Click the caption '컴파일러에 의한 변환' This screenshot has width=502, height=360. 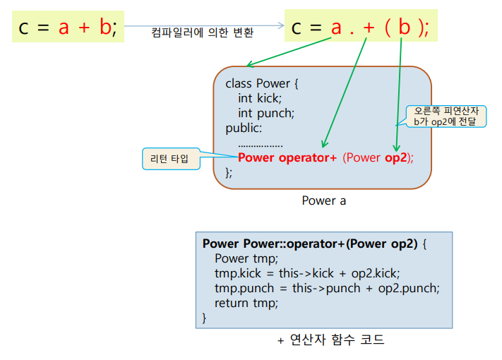[x=203, y=32]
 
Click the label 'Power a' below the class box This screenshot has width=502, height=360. [x=324, y=200]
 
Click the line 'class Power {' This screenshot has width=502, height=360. [x=262, y=83]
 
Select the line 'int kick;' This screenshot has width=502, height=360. [x=259, y=98]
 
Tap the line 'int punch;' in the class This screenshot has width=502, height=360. [x=265, y=113]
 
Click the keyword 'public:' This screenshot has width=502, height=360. [x=244, y=128]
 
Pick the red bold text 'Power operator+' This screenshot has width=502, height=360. [x=287, y=157]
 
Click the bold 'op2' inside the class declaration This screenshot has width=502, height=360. [x=396, y=157]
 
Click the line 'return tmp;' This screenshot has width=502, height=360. [x=246, y=303]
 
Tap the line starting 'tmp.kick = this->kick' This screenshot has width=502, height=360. [x=307, y=273]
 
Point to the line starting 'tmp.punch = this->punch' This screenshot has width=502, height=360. [x=327, y=288]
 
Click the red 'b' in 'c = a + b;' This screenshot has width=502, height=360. [x=104, y=28]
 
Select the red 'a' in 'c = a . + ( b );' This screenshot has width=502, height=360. [x=336, y=28]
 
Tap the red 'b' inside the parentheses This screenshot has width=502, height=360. [x=403, y=28]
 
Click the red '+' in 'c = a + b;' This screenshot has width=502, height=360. [x=85, y=28]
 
